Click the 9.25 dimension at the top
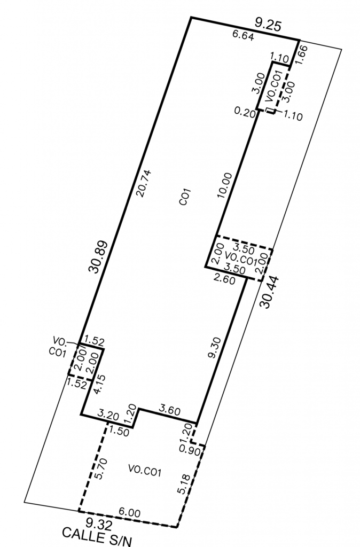click(268, 25)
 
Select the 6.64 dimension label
click(243, 35)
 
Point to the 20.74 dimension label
click(144, 184)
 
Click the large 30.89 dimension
click(98, 256)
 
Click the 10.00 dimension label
click(225, 185)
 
